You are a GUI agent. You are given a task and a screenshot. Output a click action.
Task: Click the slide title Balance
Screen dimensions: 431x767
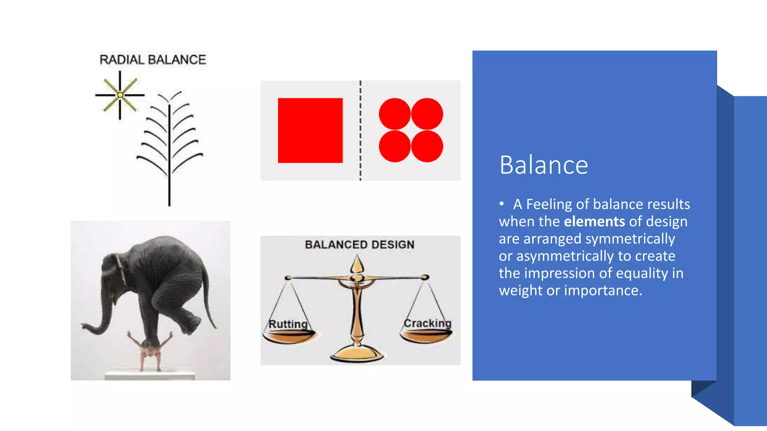click(x=543, y=165)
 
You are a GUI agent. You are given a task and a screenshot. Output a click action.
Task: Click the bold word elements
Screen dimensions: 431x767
click(x=594, y=221)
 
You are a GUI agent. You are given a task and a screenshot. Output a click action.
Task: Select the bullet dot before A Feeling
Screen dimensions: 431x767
click(x=501, y=204)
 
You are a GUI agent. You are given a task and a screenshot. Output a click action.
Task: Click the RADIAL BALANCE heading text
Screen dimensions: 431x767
click(x=152, y=60)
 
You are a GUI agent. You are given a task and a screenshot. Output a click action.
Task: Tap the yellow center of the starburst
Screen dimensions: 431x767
click(x=120, y=95)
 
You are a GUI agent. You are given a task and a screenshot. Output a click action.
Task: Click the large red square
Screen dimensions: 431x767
click(x=310, y=130)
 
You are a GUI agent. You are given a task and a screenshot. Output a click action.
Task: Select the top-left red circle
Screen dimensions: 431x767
click(x=395, y=114)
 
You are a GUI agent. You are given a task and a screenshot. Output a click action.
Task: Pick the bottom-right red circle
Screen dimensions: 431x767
click(x=427, y=146)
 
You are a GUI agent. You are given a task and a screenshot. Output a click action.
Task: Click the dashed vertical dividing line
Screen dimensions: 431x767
click(x=360, y=131)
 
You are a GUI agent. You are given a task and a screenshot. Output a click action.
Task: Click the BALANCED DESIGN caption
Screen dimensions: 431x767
click(x=360, y=245)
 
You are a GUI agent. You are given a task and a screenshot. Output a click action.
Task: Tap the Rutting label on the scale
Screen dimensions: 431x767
click(x=288, y=324)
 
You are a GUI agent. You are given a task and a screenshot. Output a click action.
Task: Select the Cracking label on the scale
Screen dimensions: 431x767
click(x=427, y=323)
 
